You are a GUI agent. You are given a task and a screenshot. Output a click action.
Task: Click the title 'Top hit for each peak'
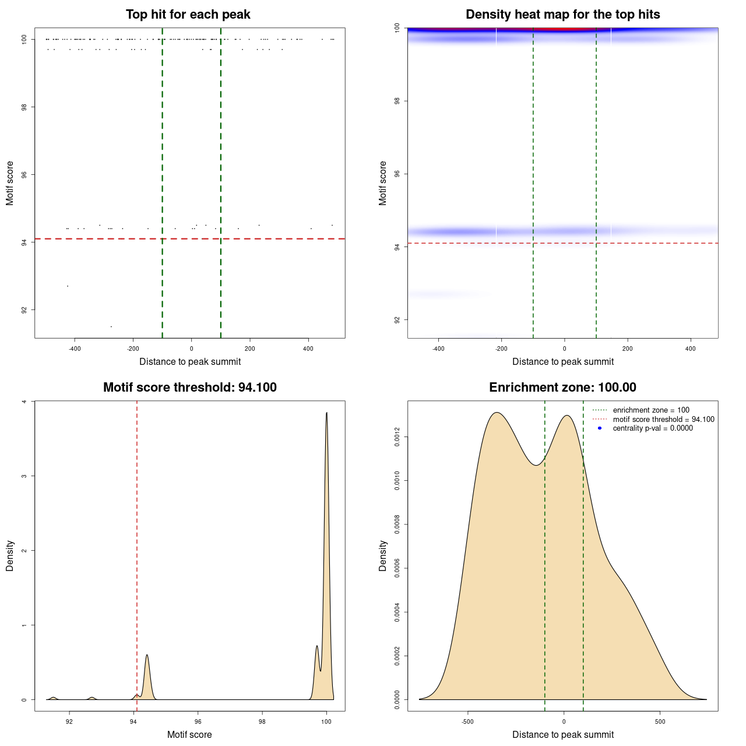tap(188, 15)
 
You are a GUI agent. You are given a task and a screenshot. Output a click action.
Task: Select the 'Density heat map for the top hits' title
tap(562, 15)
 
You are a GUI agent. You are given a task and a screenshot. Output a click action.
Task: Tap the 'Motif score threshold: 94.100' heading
tap(189, 388)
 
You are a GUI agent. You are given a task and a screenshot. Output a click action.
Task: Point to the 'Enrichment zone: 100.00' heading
tap(562, 388)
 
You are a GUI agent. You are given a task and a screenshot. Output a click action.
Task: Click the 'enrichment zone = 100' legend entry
tap(650, 410)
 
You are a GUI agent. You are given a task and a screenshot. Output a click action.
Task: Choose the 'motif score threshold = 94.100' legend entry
tap(663, 419)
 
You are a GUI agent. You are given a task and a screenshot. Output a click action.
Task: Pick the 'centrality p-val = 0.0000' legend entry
tap(653, 428)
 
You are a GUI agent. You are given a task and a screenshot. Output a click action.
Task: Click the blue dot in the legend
tap(600, 428)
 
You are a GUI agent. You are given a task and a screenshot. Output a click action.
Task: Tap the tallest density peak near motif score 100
tap(326, 413)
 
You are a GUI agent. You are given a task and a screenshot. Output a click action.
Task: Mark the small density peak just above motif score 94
tap(147, 655)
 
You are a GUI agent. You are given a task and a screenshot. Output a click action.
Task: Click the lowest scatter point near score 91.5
tap(111, 326)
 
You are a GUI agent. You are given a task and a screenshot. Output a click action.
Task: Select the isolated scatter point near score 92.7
tap(68, 286)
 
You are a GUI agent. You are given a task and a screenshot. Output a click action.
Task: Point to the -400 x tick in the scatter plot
tap(75, 349)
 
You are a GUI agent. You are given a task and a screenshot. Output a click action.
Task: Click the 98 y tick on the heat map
tap(397, 101)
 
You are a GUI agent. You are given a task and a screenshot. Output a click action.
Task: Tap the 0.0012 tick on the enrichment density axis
tap(397, 437)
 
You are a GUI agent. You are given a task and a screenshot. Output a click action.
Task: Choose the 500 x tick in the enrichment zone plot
tap(660, 722)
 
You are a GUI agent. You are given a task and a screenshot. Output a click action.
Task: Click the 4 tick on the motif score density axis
tap(24, 402)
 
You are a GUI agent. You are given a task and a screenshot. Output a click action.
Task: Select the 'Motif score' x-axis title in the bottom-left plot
tap(189, 735)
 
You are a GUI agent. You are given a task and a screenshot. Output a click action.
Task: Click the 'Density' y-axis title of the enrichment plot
tap(383, 555)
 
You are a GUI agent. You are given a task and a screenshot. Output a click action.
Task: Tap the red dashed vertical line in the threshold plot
tap(137, 525)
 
